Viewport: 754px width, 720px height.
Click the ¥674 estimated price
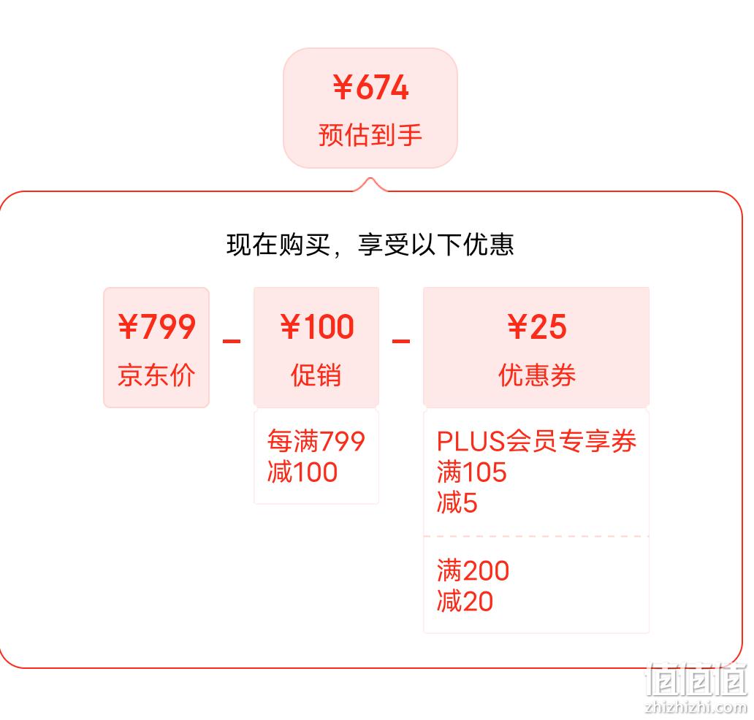click(x=370, y=88)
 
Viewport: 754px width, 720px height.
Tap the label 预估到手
click(x=370, y=134)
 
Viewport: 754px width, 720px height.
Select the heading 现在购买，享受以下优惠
click(x=370, y=244)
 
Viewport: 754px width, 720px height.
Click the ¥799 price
click(x=157, y=326)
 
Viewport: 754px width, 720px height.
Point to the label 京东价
click(x=156, y=375)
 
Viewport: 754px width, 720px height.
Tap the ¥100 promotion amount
click(x=317, y=326)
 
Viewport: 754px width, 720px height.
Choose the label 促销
click(x=316, y=375)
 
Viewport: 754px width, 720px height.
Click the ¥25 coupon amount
click(x=537, y=326)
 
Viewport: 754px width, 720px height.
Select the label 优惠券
click(x=537, y=375)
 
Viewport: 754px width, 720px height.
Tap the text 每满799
click(x=316, y=441)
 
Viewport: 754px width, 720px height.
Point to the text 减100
click(x=302, y=472)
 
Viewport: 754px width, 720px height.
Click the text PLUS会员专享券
click(x=537, y=441)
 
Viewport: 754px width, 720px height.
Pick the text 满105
click(x=472, y=472)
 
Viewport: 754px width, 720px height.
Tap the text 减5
click(x=457, y=502)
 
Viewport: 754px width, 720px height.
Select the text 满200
click(x=473, y=570)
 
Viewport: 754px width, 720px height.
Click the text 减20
click(x=465, y=601)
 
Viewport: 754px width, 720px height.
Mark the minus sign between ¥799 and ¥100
click(x=232, y=341)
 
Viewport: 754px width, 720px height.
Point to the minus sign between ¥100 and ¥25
click(x=401, y=341)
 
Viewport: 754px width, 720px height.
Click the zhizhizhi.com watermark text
click(x=696, y=707)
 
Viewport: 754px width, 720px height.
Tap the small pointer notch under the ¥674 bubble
click(x=370, y=184)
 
